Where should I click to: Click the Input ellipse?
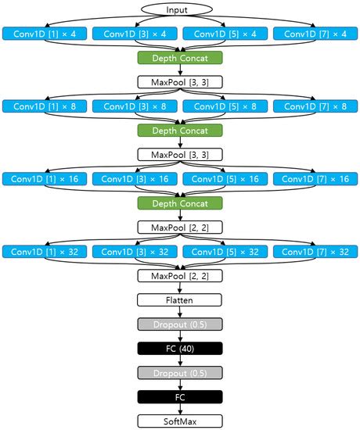point(180,9)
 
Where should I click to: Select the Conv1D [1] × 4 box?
point(44,34)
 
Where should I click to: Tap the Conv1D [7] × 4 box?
point(315,34)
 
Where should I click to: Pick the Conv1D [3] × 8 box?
point(135,106)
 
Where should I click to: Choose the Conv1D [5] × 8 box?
point(225,106)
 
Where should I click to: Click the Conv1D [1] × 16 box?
point(44,179)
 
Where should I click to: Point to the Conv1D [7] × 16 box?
point(315,179)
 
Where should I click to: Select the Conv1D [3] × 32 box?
point(135,252)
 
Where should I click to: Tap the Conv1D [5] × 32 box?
point(225,252)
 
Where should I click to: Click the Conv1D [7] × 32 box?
point(315,252)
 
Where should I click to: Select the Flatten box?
point(180,299)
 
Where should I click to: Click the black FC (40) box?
point(180,348)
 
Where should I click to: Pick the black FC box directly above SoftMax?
point(180,396)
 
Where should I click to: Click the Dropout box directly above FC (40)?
point(180,324)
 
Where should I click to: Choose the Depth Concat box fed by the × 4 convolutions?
point(180,57)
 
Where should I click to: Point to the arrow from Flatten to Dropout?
point(180,312)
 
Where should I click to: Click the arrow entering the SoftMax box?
point(180,409)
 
